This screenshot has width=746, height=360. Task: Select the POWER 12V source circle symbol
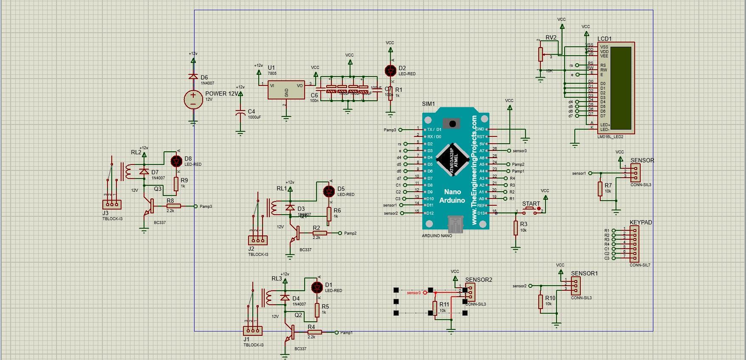pyautogui.click(x=193, y=99)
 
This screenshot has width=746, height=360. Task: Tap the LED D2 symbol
pyautogui.click(x=390, y=70)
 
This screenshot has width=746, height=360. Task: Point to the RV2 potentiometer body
pyautogui.click(x=540, y=54)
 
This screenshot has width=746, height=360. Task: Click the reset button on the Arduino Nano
pyautogui.click(x=453, y=124)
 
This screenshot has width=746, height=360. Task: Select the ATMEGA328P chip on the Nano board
pyautogui.click(x=453, y=160)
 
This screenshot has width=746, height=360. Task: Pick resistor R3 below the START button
pyautogui.click(x=516, y=228)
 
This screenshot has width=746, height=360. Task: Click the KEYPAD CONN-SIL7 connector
pyautogui.click(x=634, y=244)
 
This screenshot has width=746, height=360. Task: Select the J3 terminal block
pyautogui.click(x=112, y=204)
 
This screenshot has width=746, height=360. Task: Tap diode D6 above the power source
pyautogui.click(x=193, y=77)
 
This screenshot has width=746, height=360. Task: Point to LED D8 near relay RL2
pyautogui.click(x=176, y=161)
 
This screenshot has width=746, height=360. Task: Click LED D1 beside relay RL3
pyautogui.click(x=317, y=287)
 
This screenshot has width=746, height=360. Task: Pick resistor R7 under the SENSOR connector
pyautogui.click(x=600, y=189)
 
